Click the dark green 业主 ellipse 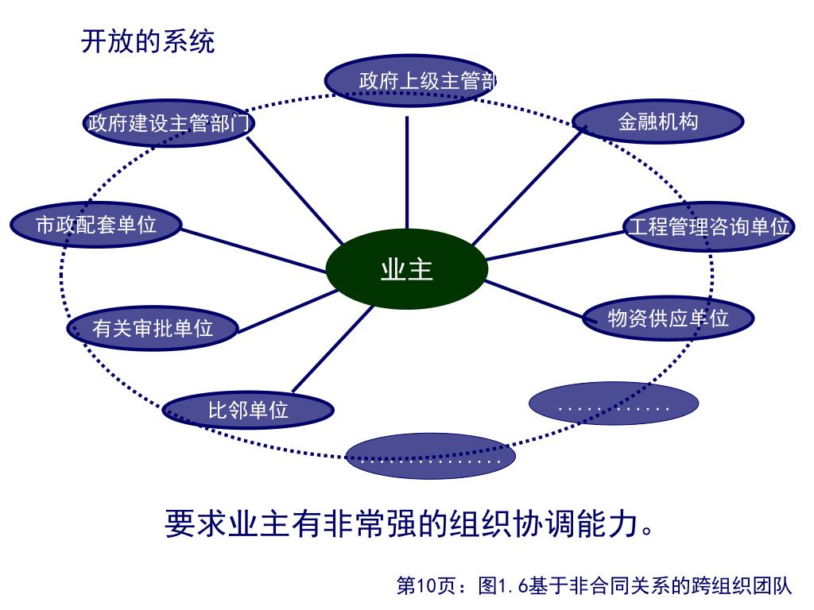click(407, 269)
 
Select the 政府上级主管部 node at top click(409, 80)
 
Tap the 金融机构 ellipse click(658, 122)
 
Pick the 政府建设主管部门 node click(169, 123)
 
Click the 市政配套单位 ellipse click(96, 225)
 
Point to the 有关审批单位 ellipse click(153, 328)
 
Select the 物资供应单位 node click(668, 318)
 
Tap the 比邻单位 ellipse click(248, 410)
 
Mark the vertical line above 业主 click(407, 171)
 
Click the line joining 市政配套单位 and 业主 click(254, 250)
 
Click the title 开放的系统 click(148, 41)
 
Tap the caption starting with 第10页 click(594, 586)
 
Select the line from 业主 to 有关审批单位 click(286, 311)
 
